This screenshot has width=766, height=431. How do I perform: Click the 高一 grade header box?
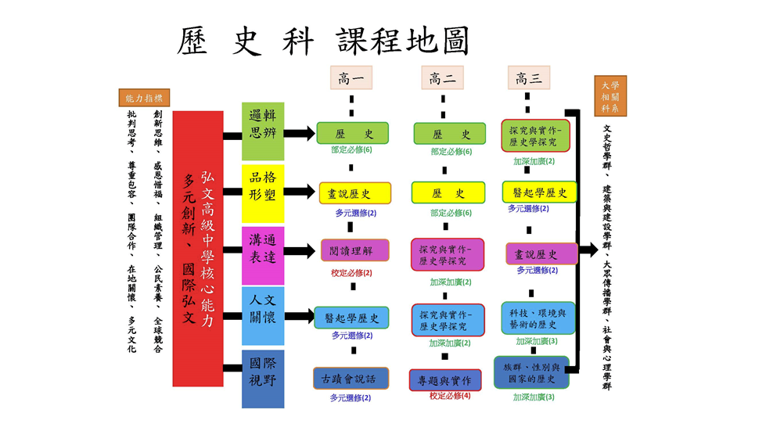351,77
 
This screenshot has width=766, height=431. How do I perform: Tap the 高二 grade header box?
442,77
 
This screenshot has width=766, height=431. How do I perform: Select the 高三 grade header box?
528,77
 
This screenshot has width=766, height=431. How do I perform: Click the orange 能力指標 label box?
144,99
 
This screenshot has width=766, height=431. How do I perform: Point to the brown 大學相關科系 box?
610,95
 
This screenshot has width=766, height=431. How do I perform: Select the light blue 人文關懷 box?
263,316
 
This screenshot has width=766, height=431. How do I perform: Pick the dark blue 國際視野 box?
263,379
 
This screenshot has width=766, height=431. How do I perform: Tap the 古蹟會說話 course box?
351,379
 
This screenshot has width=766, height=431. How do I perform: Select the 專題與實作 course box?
444,380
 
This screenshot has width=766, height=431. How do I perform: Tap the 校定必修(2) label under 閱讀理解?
351,273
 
